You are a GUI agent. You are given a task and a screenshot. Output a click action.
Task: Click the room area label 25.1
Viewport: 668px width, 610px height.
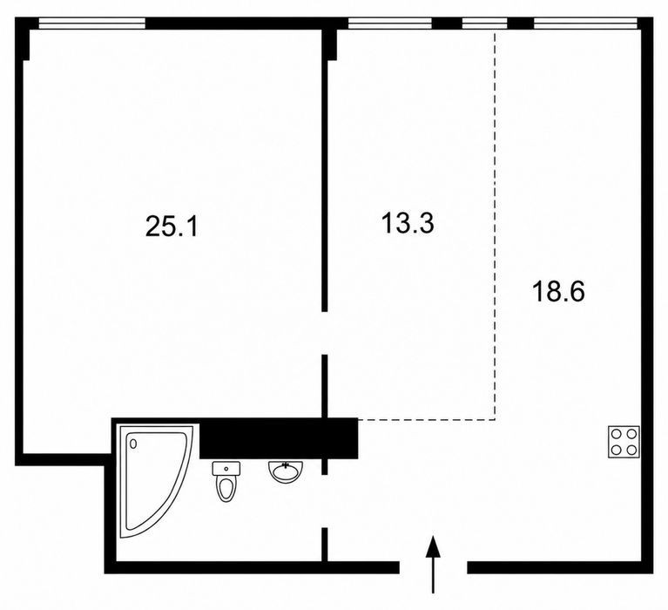[172, 226]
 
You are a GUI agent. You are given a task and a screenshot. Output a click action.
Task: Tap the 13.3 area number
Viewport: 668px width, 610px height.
[408, 223]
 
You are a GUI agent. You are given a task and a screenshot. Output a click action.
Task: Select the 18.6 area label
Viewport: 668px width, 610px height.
[558, 292]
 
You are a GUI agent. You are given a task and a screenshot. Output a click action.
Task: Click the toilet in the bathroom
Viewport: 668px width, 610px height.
[226, 482]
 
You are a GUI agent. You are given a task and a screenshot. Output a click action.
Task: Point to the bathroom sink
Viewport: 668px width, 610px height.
[286, 472]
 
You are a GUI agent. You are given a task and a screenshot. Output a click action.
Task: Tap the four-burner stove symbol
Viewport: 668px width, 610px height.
[624, 442]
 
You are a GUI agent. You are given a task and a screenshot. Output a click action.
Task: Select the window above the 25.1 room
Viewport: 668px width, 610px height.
[91, 23]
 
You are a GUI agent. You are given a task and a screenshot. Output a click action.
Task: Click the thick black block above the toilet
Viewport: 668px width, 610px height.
[279, 438]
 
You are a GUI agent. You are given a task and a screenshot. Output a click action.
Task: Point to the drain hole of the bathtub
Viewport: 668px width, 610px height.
[133, 444]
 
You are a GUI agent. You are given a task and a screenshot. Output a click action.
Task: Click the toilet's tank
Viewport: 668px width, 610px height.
[226, 468]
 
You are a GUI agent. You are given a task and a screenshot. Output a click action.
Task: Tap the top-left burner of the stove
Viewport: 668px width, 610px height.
[616, 434]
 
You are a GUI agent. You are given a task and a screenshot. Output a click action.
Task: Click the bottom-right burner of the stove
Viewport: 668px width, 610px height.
[631, 450]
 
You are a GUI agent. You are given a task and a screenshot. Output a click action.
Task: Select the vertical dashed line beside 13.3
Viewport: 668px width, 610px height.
[495, 225]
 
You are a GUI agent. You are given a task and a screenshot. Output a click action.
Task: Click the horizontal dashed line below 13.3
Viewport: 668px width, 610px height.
[426, 420]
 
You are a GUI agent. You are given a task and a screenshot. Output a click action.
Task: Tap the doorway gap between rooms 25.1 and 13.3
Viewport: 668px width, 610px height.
[325, 333]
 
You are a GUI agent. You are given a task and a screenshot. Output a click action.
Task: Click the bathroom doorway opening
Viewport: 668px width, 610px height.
[325, 501]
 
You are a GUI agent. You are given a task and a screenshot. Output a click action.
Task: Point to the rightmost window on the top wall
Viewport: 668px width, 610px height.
[586, 23]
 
